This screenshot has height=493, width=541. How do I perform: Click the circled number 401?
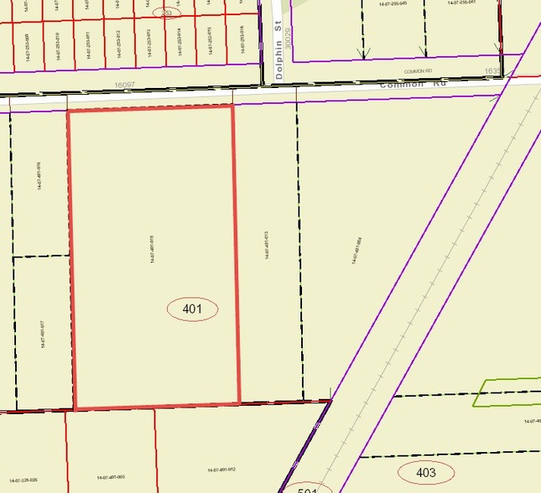[192, 309]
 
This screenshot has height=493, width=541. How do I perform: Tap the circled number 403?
[425, 473]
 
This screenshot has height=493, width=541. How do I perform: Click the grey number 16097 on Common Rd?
[125, 86]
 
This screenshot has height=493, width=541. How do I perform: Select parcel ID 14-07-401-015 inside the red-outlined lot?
[152, 249]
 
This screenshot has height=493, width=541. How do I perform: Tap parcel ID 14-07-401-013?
[266, 245]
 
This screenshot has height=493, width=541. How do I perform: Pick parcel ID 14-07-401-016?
[39, 177]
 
